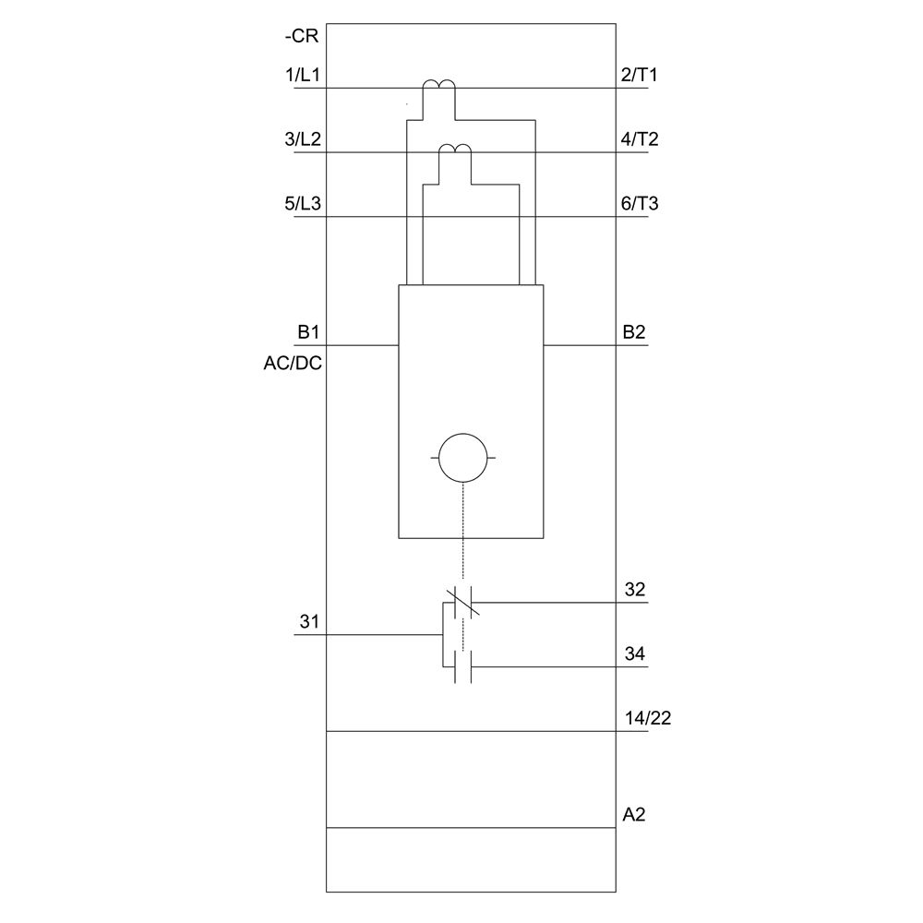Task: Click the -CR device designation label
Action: [x=302, y=39]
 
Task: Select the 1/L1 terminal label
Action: [x=303, y=76]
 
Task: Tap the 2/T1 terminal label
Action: [x=639, y=76]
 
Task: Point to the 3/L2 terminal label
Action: [x=303, y=140]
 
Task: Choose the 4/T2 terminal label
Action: [x=639, y=140]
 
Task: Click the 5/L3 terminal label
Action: [x=303, y=204]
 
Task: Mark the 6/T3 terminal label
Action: [x=639, y=204]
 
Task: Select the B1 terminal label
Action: [x=308, y=332]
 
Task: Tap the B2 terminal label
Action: [x=633, y=332]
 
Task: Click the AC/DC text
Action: [x=293, y=363]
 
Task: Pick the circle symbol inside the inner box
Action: [x=462, y=457]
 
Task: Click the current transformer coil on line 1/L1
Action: [x=438, y=88]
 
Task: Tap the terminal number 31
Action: [x=308, y=623]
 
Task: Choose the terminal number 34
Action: [x=634, y=654]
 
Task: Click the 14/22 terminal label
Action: [x=646, y=718]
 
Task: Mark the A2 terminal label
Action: [x=633, y=815]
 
